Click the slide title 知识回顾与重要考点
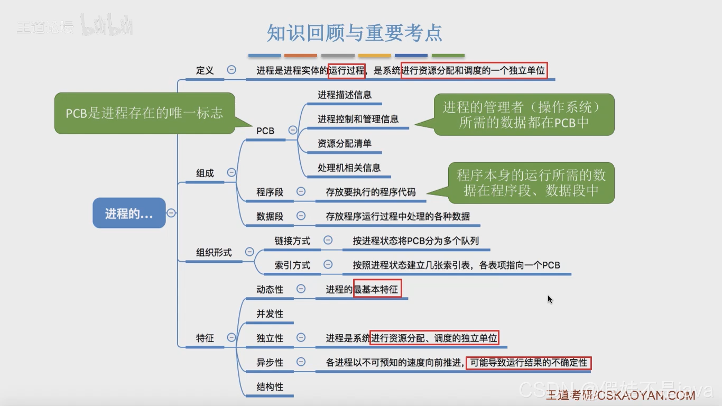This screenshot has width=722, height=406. (x=354, y=33)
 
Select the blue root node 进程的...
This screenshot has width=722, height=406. (x=129, y=214)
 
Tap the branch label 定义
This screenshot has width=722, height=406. (x=205, y=70)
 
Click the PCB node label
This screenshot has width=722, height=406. (x=265, y=131)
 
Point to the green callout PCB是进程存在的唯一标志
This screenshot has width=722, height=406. (x=144, y=113)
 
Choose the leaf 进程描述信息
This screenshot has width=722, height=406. (x=345, y=95)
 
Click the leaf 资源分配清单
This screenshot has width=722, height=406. (x=345, y=144)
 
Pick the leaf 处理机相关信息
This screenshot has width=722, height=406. (x=349, y=168)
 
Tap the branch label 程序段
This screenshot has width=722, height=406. (x=270, y=192)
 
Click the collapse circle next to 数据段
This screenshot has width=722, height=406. (x=301, y=216)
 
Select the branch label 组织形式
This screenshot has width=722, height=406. (x=214, y=253)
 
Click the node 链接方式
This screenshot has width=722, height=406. (x=292, y=241)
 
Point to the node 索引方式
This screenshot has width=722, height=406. (x=292, y=265)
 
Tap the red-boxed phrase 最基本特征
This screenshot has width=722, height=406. (x=377, y=289)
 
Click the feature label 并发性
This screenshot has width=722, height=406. (x=270, y=314)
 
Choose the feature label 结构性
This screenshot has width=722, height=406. (x=270, y=387)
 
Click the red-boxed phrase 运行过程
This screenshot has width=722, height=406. (x=347, y=70)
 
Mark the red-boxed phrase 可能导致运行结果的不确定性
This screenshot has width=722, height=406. (x=528, y=363)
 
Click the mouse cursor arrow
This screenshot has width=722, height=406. (x=550, y=299)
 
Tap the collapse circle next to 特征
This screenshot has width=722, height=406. (x=231, y=337)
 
